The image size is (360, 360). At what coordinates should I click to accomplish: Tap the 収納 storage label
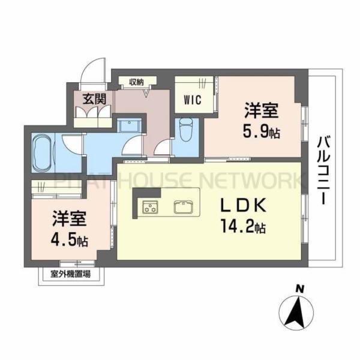pos(136,82)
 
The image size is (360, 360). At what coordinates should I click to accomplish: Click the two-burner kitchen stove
pos(149,208)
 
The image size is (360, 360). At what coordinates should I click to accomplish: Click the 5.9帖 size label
pos(262,131)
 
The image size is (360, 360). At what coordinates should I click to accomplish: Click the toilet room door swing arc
pos(163,146)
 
